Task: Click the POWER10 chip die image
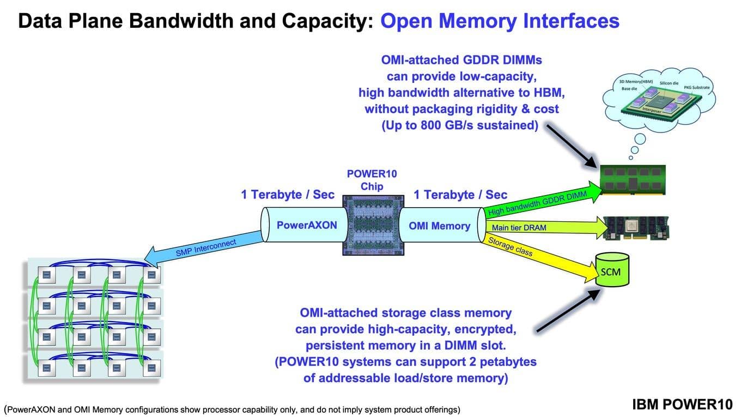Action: point(372,225)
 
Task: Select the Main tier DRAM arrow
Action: point(539,227)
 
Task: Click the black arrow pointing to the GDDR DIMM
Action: point(573,144)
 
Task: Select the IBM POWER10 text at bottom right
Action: point(682,404)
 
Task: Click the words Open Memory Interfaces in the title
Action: point(500,21)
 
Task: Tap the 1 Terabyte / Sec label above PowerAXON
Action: point(288,195)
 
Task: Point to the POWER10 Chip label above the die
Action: point(372,180)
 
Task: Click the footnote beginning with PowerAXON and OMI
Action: point(232,409)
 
